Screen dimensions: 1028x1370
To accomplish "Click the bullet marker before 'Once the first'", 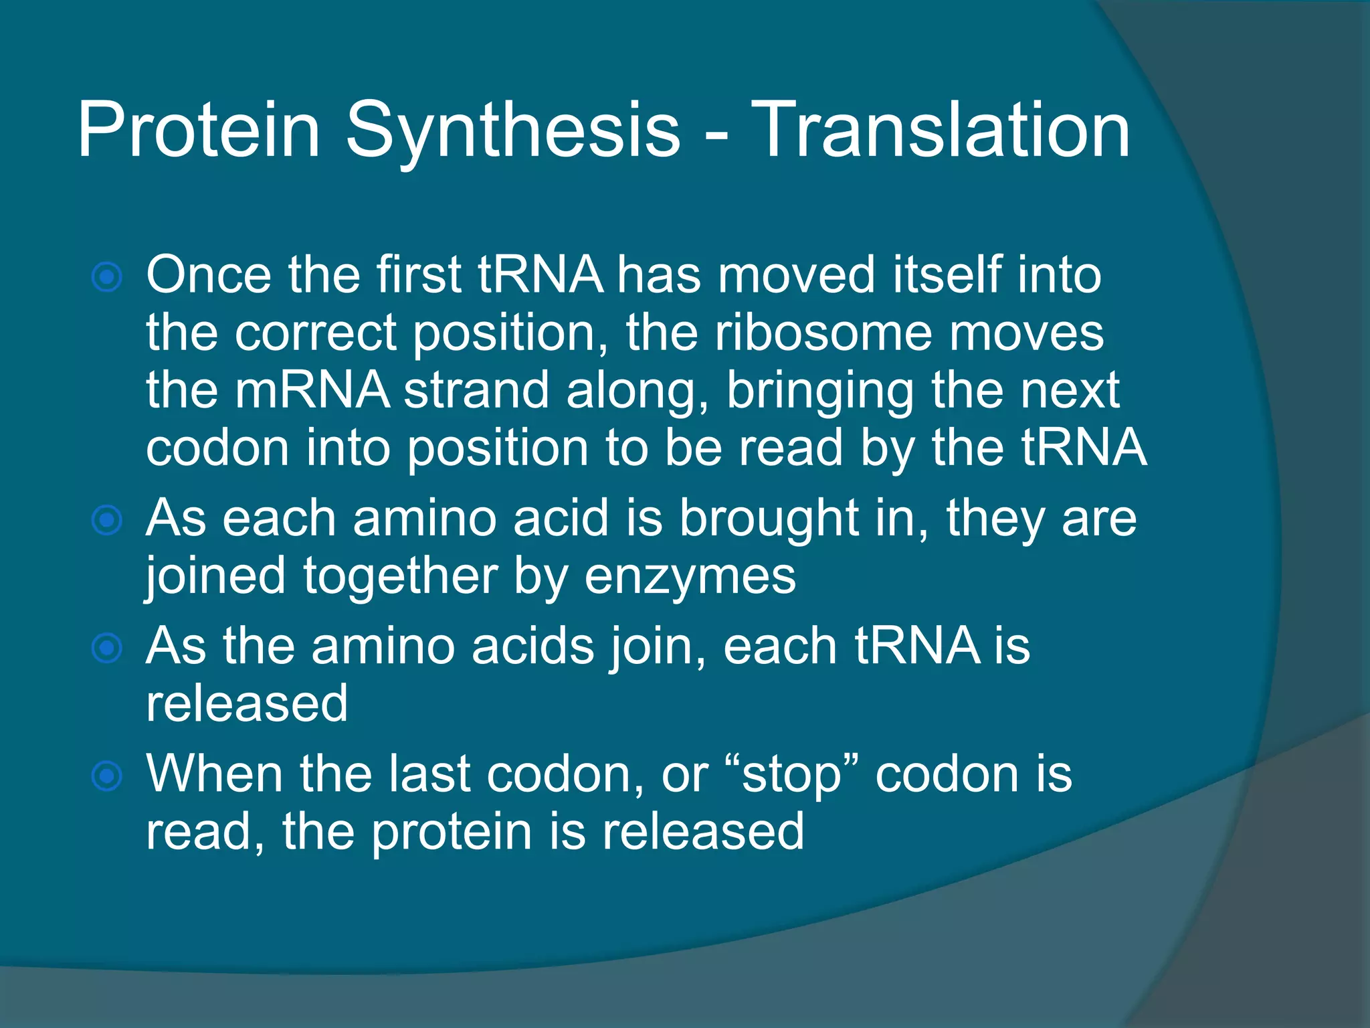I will pyautogui.click(x=107, y=277).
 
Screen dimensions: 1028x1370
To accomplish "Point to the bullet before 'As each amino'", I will pyautogui.click(x=107, y=520).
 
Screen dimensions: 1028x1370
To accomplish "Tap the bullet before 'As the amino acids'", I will pyautogui.click(x=107, y=648).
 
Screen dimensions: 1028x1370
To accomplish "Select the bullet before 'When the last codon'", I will pyautogui.click(x=107, y=776).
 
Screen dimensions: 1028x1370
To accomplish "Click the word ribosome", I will pyautogui.click(x=823, y=333).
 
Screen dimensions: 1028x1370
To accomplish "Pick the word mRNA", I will pyautogui.click(x=312, y=390).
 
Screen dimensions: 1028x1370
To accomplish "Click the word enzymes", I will pyautogui.click(x=690, y=576).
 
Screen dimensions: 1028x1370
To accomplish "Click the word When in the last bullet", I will pyautogui.click(x=214, y=774).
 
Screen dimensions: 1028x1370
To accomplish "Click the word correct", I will pyautogui.click(x=315, y=333).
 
